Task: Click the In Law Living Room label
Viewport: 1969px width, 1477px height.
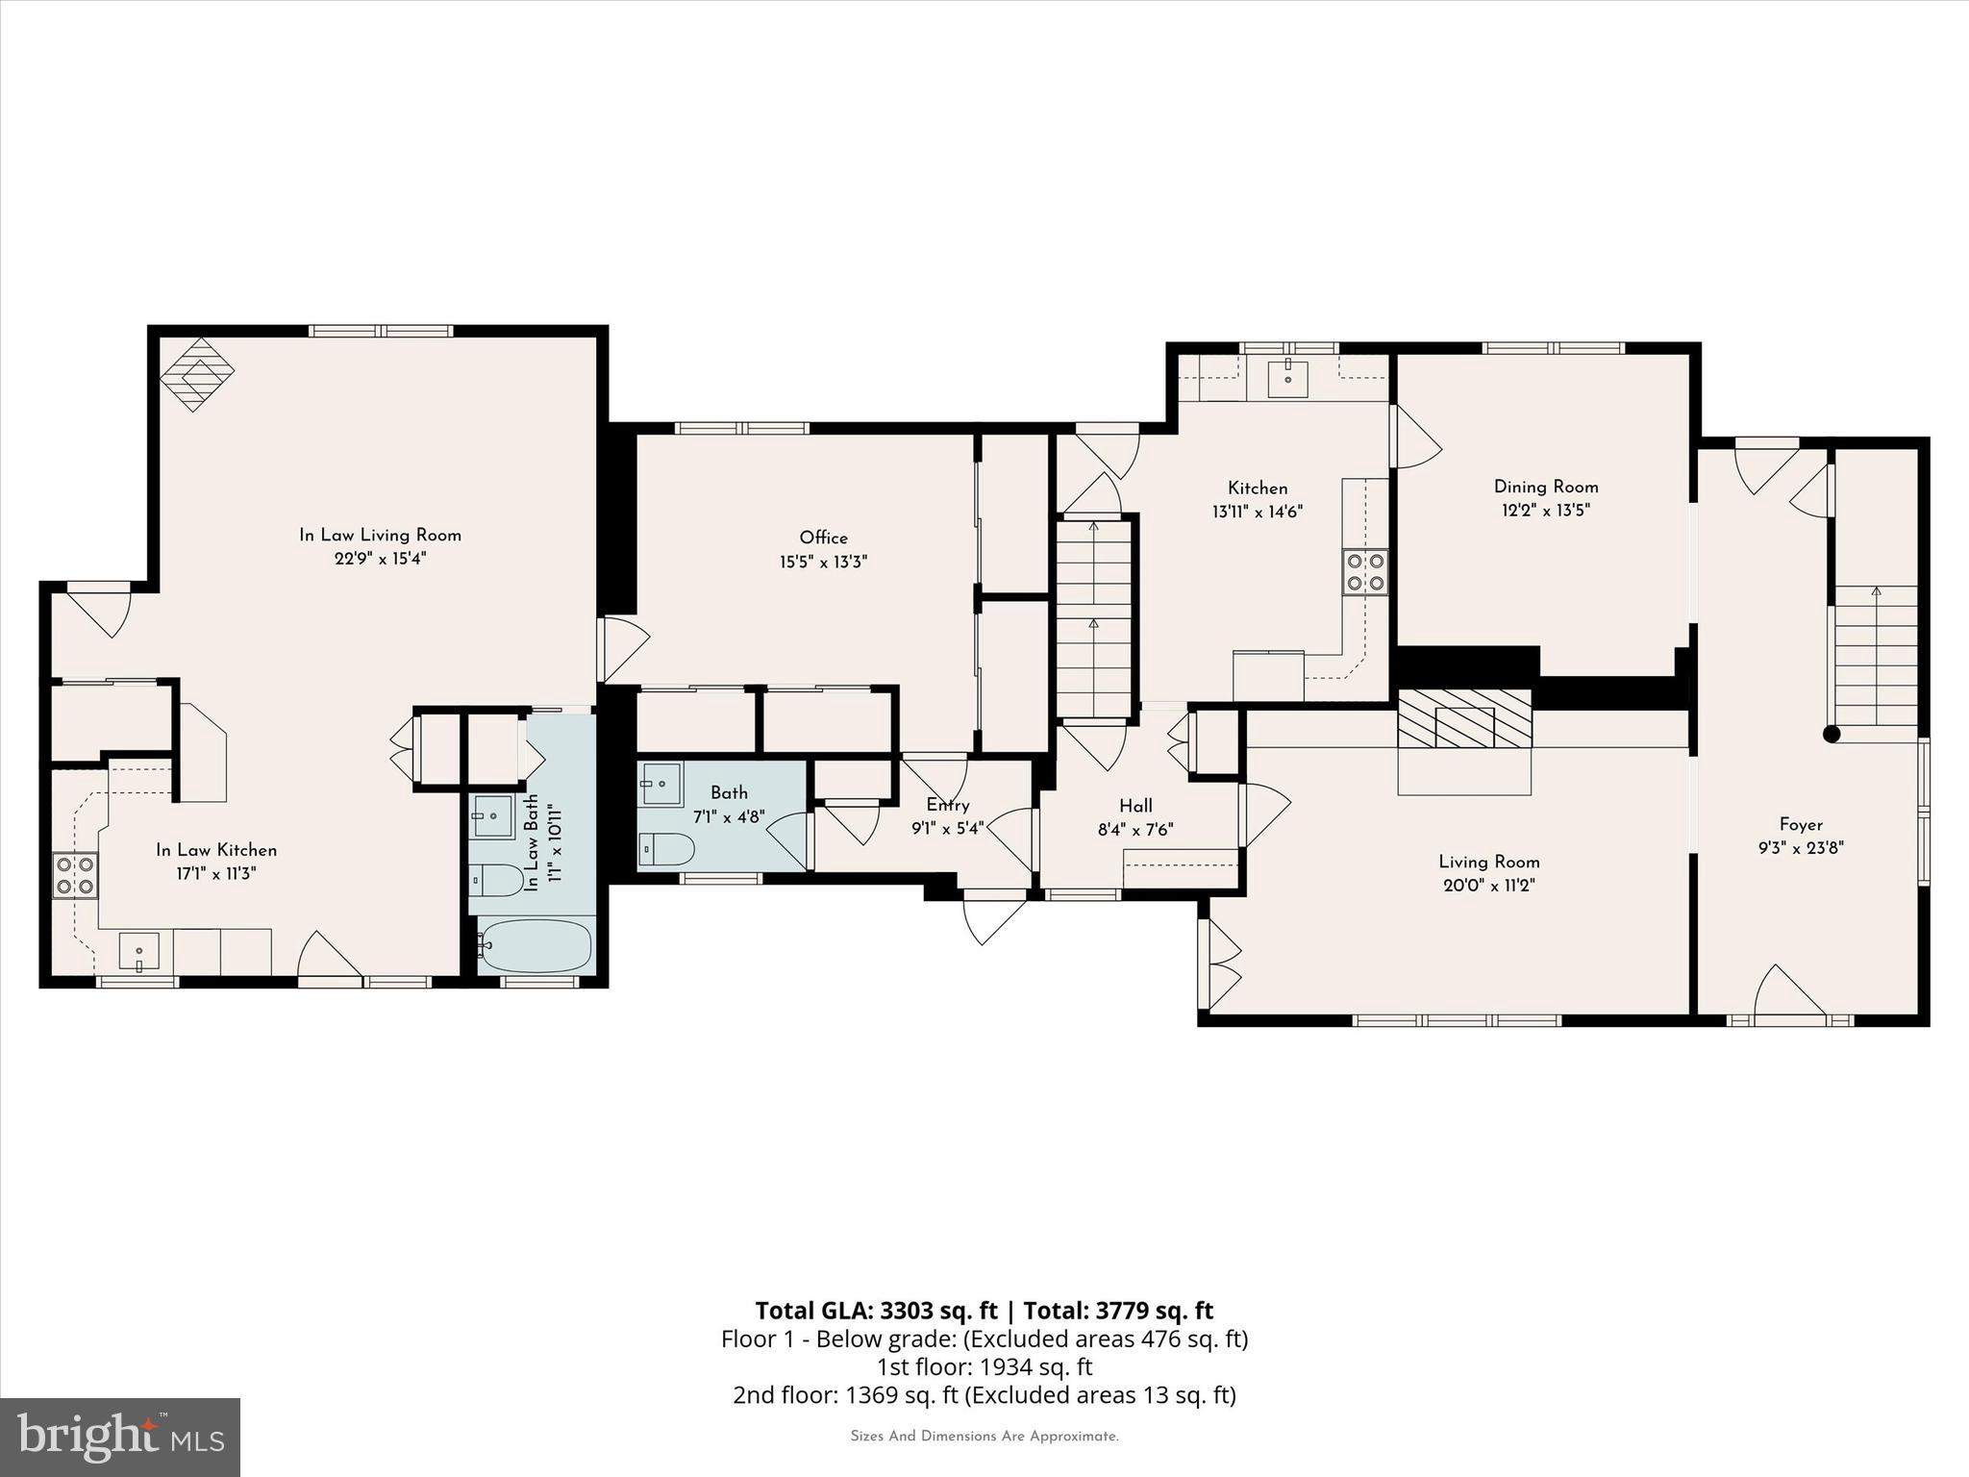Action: click(380, 535)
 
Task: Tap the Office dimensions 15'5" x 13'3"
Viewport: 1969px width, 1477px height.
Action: click(823, 563)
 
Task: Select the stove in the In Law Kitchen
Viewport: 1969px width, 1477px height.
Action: click(75, 875)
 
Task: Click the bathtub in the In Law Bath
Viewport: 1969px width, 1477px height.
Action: click(536, 945)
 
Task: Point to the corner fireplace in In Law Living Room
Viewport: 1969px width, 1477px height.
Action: click(197, 374)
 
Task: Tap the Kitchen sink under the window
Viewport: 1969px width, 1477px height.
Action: click(1288, 378)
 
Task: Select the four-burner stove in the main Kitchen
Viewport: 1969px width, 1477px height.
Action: click(1365, 571)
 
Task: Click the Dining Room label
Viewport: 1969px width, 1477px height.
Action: click(1546, 487)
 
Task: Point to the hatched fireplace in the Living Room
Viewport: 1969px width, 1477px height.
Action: click(1464, 718)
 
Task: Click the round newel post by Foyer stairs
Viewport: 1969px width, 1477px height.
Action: click(1832, 734)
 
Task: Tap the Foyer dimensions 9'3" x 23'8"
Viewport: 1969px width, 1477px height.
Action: click(1801, 848)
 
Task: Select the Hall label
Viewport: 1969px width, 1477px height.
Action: click(1135, 806)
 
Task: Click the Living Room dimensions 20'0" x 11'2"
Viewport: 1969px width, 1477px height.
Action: click(1488, 886)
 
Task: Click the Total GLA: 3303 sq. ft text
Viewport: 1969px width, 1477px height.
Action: click(876, 1311)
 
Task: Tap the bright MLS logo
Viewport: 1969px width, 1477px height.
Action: click(120, 1437)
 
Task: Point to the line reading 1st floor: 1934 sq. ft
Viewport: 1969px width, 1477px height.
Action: click(984, 1366)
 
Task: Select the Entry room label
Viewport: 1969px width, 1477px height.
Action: click(947, 805)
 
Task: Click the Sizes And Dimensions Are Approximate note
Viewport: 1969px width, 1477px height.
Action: click(984, 1437)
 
